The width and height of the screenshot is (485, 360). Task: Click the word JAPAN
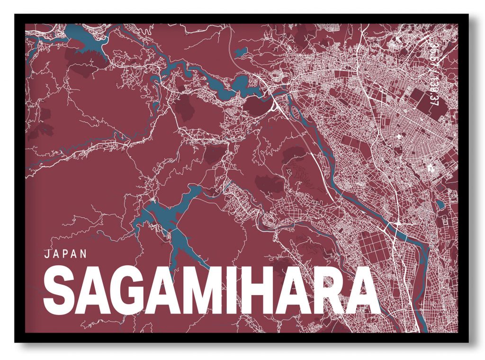(x=65, y=253)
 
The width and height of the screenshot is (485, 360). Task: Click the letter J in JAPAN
(x=46, y=253)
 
